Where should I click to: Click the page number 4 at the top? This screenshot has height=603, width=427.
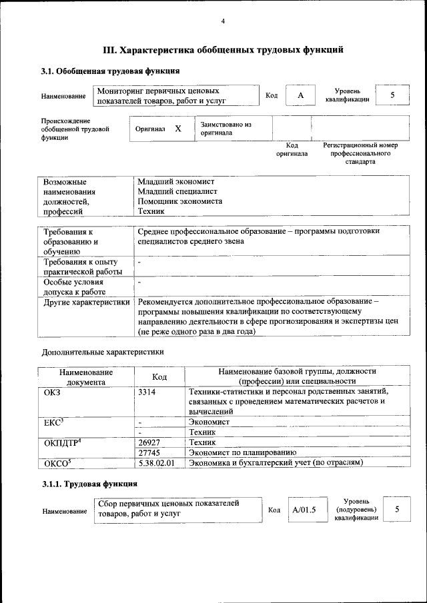coord(223,21)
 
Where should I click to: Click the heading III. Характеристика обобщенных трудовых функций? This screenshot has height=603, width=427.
coord(223,49)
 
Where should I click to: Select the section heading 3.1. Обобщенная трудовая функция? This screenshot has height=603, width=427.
coord(110,71)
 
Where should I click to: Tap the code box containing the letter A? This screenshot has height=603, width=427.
coord(300,96)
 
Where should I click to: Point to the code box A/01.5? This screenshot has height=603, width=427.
coord(304,510)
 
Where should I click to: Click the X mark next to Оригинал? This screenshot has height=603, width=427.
coord(178,129)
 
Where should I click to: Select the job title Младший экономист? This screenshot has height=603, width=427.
coord(175,181)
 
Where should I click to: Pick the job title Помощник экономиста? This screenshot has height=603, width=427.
coord(179,201)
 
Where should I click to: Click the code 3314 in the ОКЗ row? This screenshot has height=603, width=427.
coord(147,392)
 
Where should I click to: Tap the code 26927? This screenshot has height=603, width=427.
coord(149,442)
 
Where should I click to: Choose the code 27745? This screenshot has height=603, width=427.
coord(149,452)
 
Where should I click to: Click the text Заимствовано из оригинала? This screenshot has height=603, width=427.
coord(226,128)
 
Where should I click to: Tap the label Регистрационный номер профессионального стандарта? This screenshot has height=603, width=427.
coord(360,153)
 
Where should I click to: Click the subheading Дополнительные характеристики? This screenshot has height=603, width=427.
coord(102,351)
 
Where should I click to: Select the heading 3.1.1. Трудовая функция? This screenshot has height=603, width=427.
coord(89,484)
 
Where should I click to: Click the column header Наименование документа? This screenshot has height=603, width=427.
coord(85,377)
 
